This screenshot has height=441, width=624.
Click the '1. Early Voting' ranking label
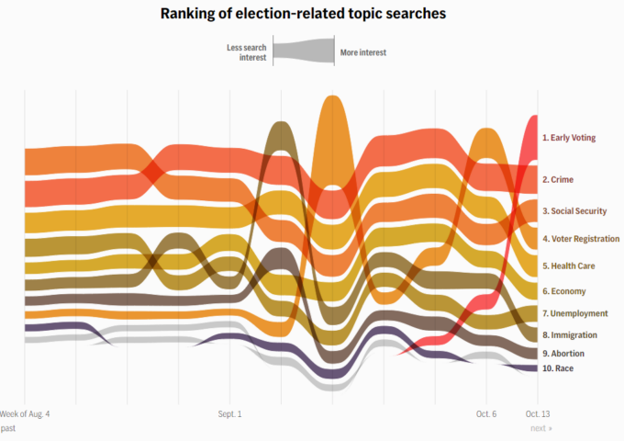pos(568,138)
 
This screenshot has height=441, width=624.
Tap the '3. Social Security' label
pos(574,211)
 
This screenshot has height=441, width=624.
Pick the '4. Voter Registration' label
pos(579,239)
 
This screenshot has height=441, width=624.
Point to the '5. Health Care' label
pos(567,266)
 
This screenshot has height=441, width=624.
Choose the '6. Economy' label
pos(563,291)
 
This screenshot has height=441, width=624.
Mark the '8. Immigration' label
pos(569,335)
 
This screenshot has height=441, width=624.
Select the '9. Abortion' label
pos(563,354)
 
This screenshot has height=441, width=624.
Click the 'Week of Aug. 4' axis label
pos(26,414)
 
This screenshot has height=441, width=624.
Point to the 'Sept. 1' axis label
pos(229,414)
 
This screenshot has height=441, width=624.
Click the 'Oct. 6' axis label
pos(486,414)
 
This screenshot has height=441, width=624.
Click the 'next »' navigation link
pos(540,428)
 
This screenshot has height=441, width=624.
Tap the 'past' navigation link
pos(8,428)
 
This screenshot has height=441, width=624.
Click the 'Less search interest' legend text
pos(246,52)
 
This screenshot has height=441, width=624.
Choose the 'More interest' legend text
pos(362,52)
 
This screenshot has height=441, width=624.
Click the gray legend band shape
pos(305,52)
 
